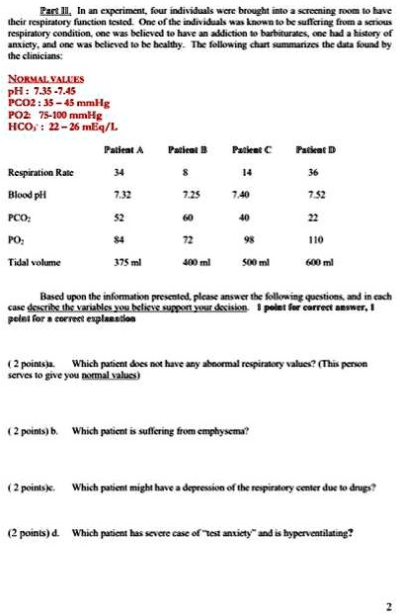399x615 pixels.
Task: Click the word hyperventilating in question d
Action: (315, 531)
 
